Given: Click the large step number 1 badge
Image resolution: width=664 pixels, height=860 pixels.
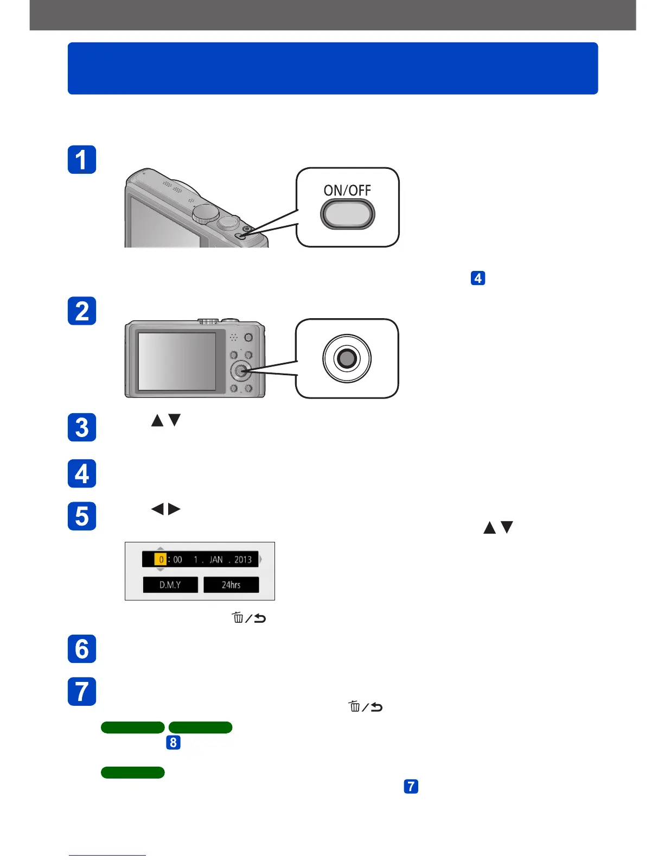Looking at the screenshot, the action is (x=82, y=160).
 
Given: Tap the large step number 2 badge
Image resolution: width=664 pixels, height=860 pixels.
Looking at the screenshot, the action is (x=82, y=311).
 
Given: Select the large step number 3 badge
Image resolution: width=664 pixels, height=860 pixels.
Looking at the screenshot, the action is (x=82, y=427).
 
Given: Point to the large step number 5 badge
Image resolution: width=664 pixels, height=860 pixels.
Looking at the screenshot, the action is (x=82, y=516).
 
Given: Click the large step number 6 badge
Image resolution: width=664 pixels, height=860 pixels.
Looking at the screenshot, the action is (x=82, y=649).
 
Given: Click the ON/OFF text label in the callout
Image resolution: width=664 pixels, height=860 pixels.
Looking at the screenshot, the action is (x=347, y=190).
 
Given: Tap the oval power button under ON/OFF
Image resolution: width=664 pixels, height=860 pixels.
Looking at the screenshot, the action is (x=347, y=214).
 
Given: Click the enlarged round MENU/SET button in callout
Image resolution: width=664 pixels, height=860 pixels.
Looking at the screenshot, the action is (x=347, y=358).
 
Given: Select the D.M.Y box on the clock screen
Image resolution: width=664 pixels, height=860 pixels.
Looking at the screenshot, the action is (x=170, y=585).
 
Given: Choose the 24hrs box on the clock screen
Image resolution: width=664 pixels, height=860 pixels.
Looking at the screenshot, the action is (x=231, y=585).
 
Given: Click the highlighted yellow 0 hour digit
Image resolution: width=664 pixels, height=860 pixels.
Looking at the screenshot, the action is (x=161, y=560).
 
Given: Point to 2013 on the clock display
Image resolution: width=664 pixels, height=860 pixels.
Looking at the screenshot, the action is (x=243, y=560).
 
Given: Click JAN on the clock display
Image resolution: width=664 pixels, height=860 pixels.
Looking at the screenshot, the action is (x=216, y=560).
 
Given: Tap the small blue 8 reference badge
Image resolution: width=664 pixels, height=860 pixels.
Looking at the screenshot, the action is (x=173, y=742).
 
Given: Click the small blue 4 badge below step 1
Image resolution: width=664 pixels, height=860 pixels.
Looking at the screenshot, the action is (x=478, y=278).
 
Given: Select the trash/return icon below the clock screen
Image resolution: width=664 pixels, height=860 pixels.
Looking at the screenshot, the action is (x=249, y=618).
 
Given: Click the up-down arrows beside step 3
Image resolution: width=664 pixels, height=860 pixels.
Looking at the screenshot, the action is (x=165, y=420).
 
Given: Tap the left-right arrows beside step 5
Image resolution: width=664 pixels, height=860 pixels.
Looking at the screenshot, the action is (x=165, y=509).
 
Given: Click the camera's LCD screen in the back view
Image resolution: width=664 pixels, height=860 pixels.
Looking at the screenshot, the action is (x=177, y=361).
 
